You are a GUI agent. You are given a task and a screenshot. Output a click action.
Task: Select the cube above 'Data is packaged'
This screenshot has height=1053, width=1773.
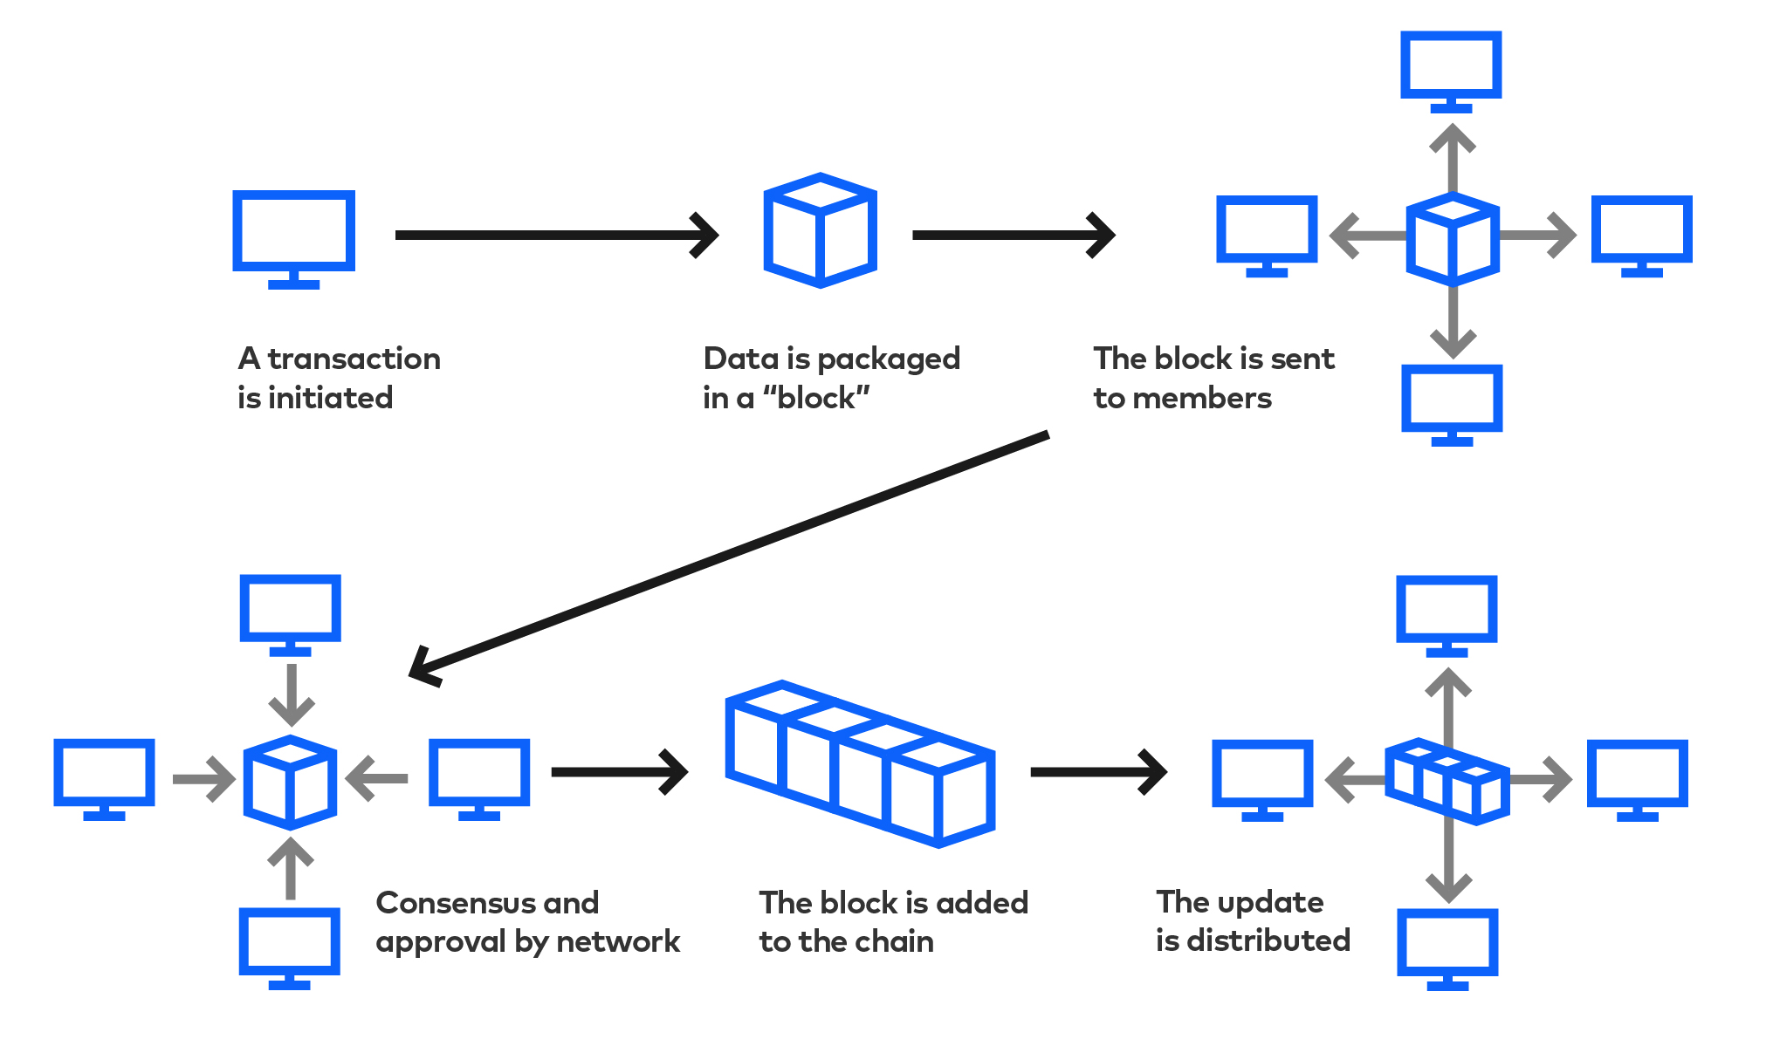(820, 231)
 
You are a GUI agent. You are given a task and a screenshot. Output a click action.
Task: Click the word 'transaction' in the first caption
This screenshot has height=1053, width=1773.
(354, 359)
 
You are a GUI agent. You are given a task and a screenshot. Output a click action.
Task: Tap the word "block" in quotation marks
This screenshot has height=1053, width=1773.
(816, 399)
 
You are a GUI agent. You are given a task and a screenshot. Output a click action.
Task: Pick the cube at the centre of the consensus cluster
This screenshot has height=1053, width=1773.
(290, 782)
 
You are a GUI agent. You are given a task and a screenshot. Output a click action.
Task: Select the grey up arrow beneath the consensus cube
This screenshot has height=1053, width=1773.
(290, 867)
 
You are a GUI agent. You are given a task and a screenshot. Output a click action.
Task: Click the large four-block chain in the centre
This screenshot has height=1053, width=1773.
(860, 764)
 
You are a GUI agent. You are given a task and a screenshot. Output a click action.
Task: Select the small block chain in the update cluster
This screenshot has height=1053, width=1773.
(1447, 782)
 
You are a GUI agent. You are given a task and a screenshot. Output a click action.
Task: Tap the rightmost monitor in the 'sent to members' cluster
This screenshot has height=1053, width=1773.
(1641, 232)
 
